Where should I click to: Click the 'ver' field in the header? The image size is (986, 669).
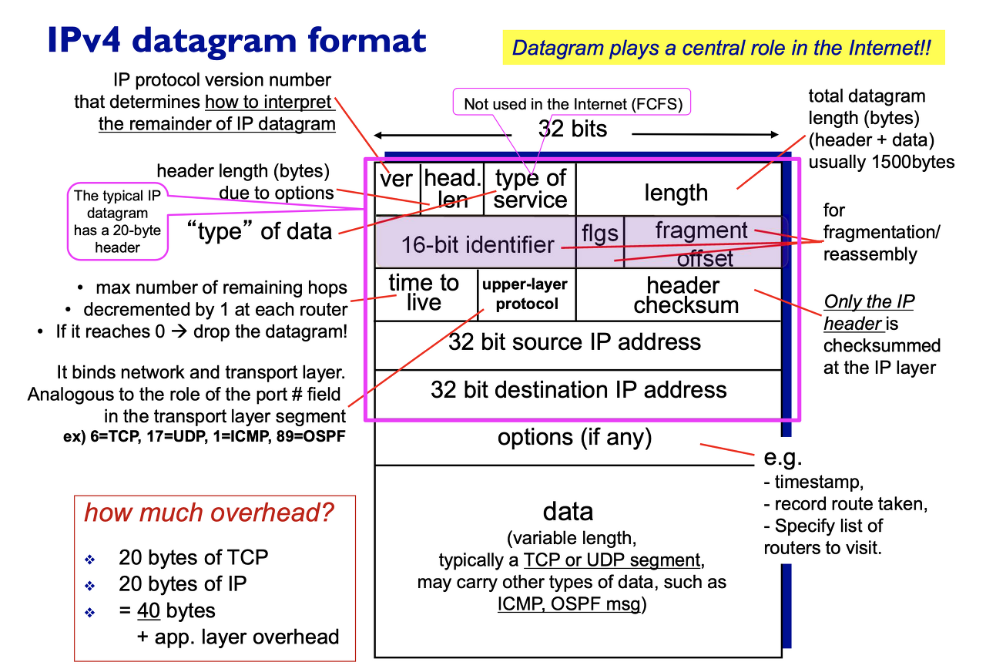pyautogui.click(x=397, y=188)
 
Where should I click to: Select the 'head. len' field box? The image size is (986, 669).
pyautogui.click(x=452, y=188)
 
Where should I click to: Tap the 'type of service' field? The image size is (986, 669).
pyautogui.click(x=530, y=188)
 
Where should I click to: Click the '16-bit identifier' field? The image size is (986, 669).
pyautogui.click(x=477, y=244)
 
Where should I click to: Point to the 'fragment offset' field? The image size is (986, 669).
pyautogui.click(x=702, y=242)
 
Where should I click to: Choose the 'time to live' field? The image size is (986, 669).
pyautogui.click(x=424, y=293)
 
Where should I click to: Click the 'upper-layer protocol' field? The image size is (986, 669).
pyautogui.click(x=525, y=294)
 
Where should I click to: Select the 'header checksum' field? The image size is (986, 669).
pyautogui.click(x=683, y=294)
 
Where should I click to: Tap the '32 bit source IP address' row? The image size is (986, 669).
pyautogui.click(x=575, y=342)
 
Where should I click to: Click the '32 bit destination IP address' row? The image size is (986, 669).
pyautogui.click(x=579, y=389)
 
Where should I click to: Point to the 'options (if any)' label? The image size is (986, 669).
pyautogui.click(x=575, y=438)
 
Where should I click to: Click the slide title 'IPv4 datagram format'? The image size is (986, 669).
pyautogui.click(x=236, y=40)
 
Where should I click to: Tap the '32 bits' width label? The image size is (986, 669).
pyautogui.click(x=572, y=128)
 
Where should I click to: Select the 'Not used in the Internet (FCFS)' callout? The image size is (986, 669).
pyautogui.click(x=573, y=103)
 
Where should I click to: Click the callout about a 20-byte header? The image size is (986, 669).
pyautogui.click(x=117, y=221)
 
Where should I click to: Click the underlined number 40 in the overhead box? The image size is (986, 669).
pyautogui.click(x=149, y=611)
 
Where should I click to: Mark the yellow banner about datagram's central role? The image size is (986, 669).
pyautogui.click(x=722, y=48)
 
